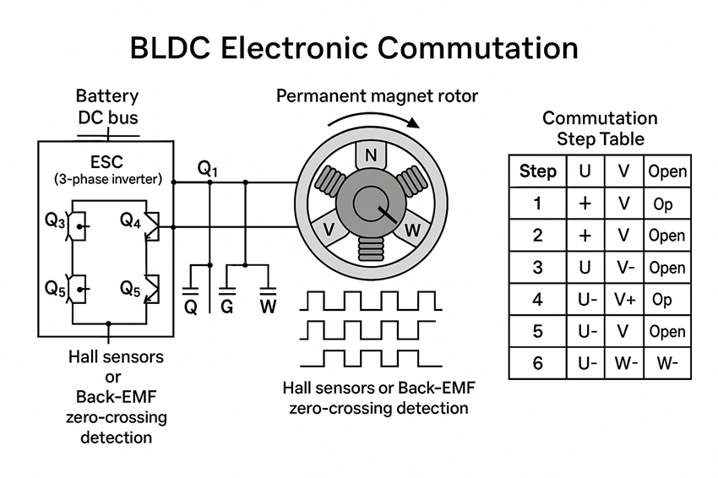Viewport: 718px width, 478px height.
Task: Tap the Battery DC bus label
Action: pyautogui.click(x=107, y=106)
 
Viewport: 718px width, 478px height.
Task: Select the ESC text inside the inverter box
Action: pyautogui.click(x=106, y=161)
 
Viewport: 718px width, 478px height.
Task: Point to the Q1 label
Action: pyautogui.click(x=208, y=169)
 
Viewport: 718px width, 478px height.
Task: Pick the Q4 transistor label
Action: pyautogui.click(x=130, y=220)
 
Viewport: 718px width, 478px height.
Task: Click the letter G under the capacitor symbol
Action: pyautogui.click(x=227, y=307)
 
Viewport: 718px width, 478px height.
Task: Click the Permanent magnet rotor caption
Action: pyautogui.click(x=377, y=95)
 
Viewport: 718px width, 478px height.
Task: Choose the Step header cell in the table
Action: pyautogui.click(x=537, y=171)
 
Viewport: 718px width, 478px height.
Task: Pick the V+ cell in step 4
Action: pyautogui.click(x=624, y=300)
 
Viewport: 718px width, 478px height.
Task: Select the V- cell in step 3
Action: pyautogui.click(x=624, y=268)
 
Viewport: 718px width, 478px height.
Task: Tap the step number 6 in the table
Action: pyautogui.click(x=537, y=364)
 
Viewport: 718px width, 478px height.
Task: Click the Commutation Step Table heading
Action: pyautogui.click(x=600, y=128)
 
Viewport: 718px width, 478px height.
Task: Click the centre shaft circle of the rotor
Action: pyautogui.click(x=369, y=203)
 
